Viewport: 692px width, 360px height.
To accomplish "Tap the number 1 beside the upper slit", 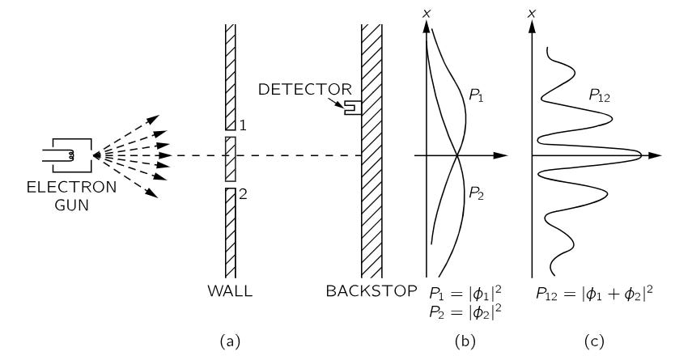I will (241, 125).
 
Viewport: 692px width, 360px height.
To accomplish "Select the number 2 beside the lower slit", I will (241, 194).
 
